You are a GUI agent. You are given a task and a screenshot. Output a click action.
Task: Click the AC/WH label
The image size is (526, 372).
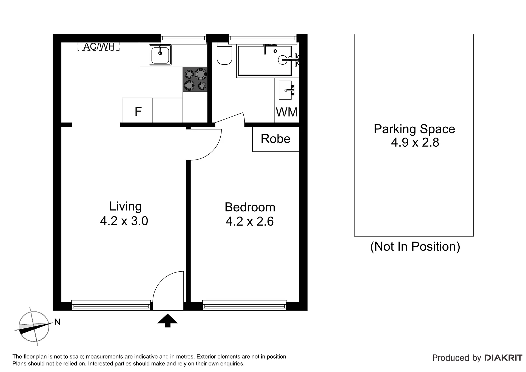[99, 46]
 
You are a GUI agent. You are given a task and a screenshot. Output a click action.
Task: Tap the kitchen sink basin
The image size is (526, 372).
[160, 55]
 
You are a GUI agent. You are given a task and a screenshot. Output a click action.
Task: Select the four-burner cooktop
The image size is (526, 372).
[195, 79]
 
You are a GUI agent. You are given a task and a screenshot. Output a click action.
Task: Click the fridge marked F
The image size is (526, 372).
[137, 110]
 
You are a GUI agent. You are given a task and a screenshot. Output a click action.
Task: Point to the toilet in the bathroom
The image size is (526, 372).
[224, 54]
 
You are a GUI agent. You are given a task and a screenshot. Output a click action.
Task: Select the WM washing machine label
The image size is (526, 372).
[287, 112]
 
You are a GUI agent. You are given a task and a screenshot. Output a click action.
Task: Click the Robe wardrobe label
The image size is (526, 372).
[275, 139]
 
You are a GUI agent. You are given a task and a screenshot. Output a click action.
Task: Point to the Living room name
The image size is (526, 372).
[125, 207]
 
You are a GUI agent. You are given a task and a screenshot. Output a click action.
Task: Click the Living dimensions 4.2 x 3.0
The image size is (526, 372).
[124, 221]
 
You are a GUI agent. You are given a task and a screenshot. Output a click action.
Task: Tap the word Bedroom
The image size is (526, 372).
[250, 207]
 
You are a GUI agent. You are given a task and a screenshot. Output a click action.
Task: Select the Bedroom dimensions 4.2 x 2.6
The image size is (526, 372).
[250, 222]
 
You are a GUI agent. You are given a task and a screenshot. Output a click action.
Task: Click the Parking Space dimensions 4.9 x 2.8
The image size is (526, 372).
[415, 143]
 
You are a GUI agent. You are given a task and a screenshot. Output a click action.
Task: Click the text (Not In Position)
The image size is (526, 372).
[415, 246]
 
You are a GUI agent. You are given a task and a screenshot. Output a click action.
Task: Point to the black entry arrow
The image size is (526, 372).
[167, 320]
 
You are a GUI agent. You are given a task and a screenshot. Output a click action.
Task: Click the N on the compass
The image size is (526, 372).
[57, 322]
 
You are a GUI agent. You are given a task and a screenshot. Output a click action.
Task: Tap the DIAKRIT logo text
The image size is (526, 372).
[504, 358]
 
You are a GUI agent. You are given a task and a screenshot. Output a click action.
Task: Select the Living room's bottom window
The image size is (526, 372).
[111, 305]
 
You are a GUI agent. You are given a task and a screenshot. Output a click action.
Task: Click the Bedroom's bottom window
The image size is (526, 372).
[244, 305]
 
